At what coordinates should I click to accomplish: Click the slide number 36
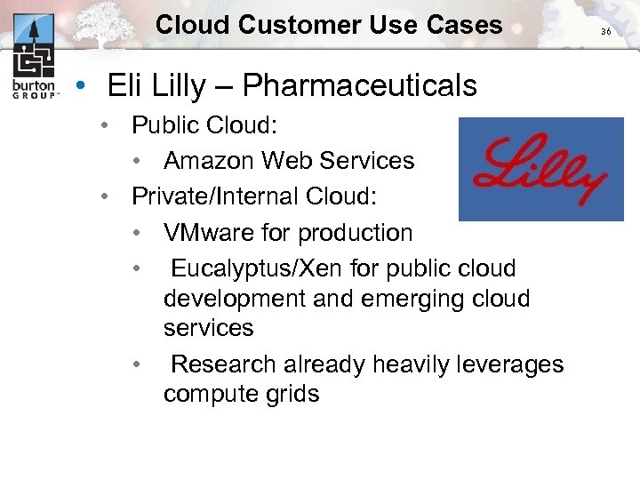pos(606,31)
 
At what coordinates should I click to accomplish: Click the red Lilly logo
pos(540,170)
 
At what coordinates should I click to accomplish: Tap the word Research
pos(223,364)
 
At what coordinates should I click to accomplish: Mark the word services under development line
pos(208,327)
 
